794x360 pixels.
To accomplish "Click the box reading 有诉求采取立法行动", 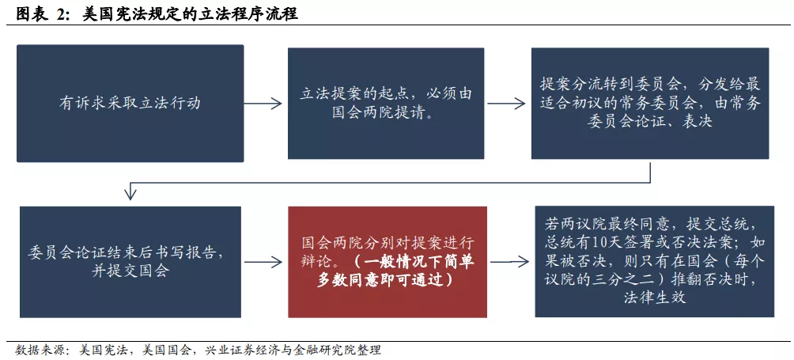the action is coord(130,104).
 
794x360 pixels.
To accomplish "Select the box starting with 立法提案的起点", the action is coord(386,104).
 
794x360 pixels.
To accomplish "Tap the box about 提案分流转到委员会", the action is coord(650,104).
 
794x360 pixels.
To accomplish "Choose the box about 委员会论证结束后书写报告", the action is coord(130,262).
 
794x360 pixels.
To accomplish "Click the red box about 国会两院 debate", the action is coord(388,262).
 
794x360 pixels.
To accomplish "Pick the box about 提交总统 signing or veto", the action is coord(655,261).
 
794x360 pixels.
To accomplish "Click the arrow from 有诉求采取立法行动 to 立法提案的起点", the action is coord(263,104).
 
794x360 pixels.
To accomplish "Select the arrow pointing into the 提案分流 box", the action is coord(506,104).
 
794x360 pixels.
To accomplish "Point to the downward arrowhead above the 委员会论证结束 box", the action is coord(130,195).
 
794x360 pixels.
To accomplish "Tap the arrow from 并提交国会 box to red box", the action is coord(263,262).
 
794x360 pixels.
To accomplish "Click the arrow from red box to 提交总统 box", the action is coord(510,262).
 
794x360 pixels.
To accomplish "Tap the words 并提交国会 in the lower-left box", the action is coord(130,271).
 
